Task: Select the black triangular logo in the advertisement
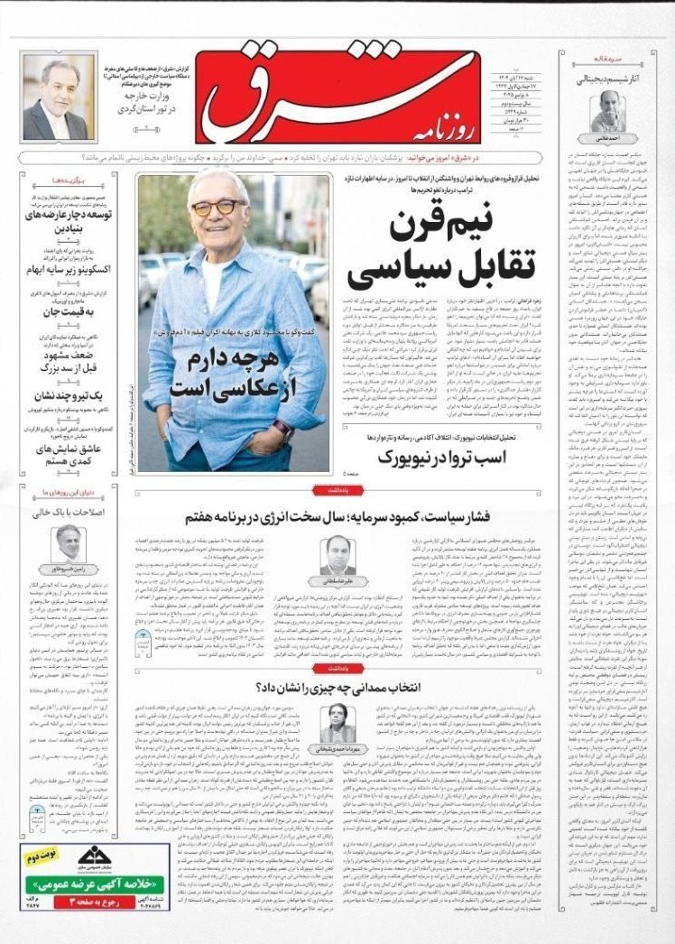click(96, 858)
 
